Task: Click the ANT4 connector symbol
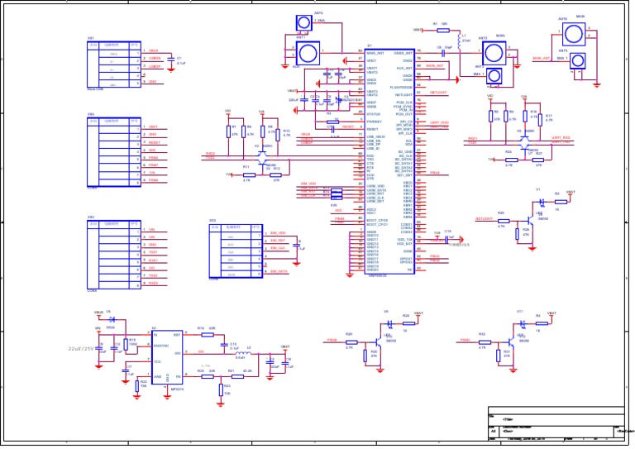(x=298, y=23)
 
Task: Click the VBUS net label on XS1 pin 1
(x=153, y=51)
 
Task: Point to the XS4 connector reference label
(x=91, y=115)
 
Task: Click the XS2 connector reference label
(x=91, y=217)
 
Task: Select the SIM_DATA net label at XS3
(x=279, y=271)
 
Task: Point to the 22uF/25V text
(x=84, y=348)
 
